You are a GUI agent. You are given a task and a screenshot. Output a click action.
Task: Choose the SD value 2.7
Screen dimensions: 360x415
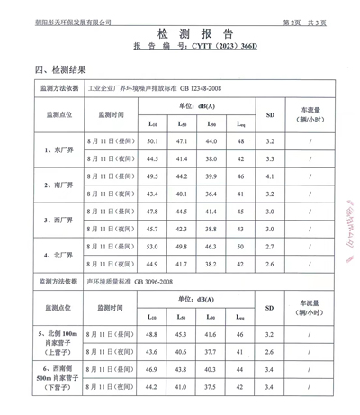coord(270,246)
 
